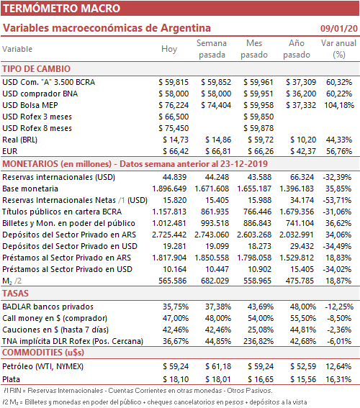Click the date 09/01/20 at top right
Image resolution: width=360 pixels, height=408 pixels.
click(x=339, y=28)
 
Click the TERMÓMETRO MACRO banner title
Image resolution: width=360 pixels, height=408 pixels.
click(x=61, y=9)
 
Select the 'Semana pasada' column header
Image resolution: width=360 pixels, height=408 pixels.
click(x=212, y=49)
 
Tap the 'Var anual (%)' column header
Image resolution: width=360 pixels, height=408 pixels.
click(x=338, y=49)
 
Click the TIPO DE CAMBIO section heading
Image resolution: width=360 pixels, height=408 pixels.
click(x=37, y=69)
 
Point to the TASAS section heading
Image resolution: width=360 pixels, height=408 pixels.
click(x=15, y=294)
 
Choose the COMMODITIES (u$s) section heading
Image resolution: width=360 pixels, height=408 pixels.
click(x=43, y=353)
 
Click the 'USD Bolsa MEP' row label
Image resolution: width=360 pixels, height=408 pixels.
click(x=30, y=105)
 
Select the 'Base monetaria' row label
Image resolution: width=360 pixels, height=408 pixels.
click(x=30, y=189)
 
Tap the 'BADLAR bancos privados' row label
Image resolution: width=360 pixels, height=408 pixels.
click(x=48, y=307)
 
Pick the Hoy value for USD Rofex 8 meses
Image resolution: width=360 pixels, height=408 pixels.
click(x=174, y=128)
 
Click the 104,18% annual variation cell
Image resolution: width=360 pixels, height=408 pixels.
click(x=339, y=105)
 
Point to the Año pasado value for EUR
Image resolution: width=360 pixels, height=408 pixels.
click(x=303, y=151)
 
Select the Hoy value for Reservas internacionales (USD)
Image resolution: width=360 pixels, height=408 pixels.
click(x=174, y=177)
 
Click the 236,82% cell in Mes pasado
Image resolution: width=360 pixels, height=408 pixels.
click(x=258, y=341)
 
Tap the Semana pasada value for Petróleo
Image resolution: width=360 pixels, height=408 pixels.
click(x=218, y=366)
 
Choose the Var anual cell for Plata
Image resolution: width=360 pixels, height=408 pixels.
click(x=338, y=379)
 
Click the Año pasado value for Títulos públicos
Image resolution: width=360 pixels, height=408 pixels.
click(x=297, y=212)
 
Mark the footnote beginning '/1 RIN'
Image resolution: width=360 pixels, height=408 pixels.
click(x=138, y=391)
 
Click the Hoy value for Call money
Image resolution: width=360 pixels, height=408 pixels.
click(x=176, y=318)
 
